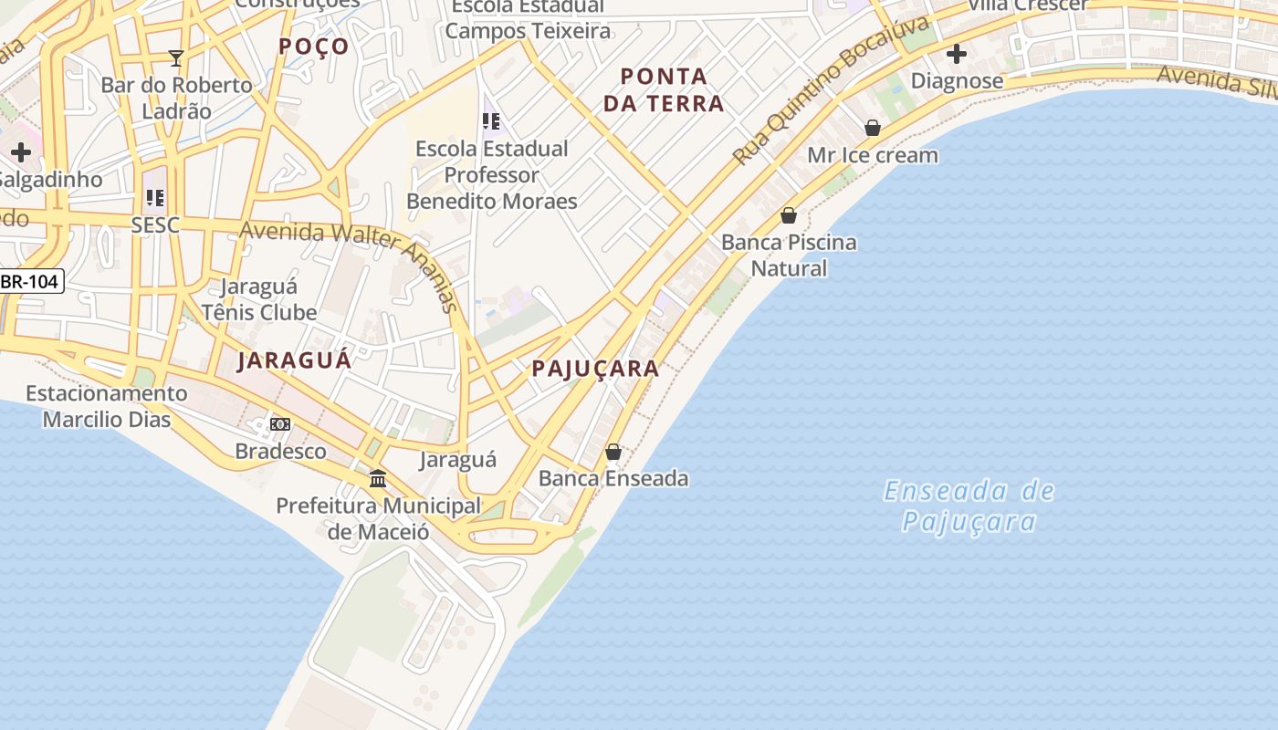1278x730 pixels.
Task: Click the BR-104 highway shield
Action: [x=30, y=281]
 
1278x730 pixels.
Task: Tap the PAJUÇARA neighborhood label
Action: [x=595, y=369]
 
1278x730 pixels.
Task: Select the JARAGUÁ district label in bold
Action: [x=294, y=360]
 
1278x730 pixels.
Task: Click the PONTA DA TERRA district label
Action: [x=664, y=89]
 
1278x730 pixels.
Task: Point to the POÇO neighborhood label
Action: [x=314, y=47]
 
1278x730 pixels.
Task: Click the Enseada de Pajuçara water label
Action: [x=969, y=506]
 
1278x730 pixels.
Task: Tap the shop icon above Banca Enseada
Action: [x=613, y=452]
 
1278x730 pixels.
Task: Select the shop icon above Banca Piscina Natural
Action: [x=789, y=215]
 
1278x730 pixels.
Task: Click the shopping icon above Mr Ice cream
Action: [x=873, y=128]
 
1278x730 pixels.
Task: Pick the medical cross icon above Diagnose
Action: [x=957, y=55]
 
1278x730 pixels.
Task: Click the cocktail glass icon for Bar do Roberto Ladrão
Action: [x=176, y=58]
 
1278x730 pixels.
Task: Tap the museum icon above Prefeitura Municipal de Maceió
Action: [x=378, y=478]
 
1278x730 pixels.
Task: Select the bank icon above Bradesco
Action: [x=280, y=424]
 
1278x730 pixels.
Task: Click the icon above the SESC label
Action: [x=155, y=197]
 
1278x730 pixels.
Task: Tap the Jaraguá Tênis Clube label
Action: [x=259, y=299]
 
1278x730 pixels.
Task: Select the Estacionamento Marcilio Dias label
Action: [x=107, y=407]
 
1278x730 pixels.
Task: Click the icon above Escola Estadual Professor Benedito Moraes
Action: [x=491, y=120]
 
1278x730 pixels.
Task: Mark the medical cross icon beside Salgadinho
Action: [x=21, y=151]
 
